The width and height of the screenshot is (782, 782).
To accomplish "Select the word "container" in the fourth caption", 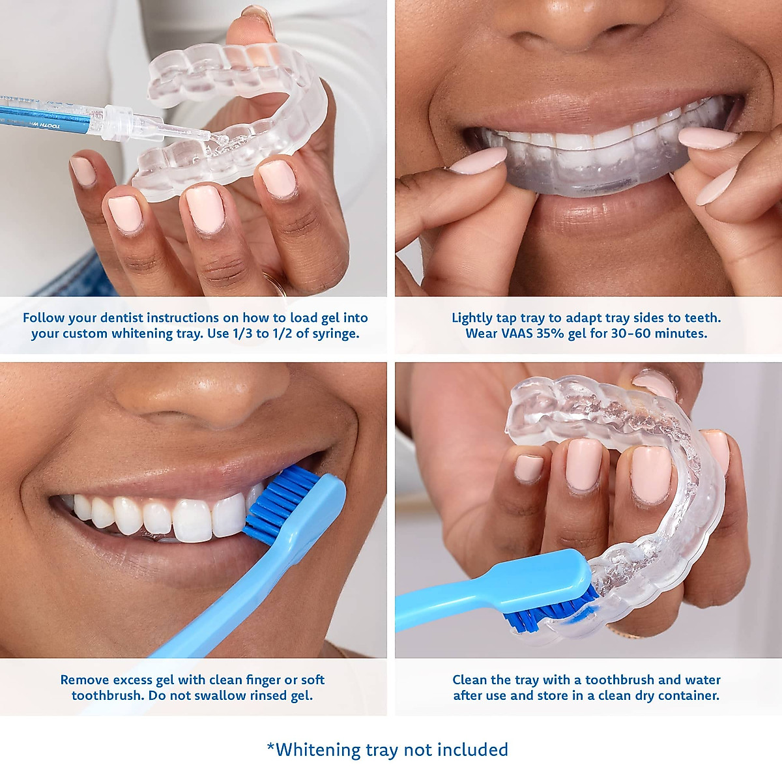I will click(x=689, y=696).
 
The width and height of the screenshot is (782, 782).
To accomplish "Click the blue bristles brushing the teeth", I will click(x=277, y=502).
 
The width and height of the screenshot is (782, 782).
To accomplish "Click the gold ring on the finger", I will click(x=274, y=283).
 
